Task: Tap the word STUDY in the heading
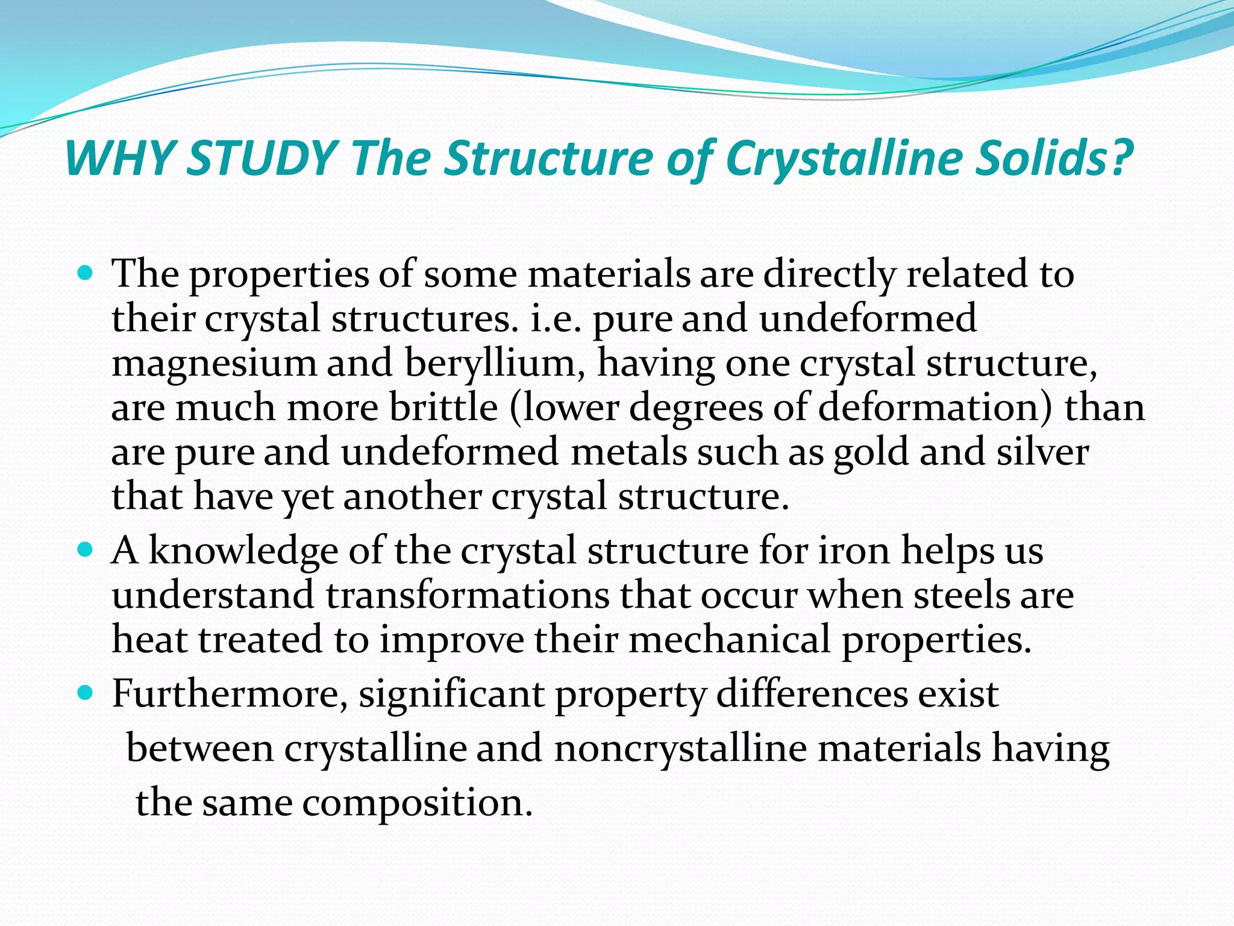(x=262, y=158)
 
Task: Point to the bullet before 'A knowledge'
(x=86, y=550)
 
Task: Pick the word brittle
(x=443, y=408)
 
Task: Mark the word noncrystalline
(x=680, y=749)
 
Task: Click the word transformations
(x=467, y=596)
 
